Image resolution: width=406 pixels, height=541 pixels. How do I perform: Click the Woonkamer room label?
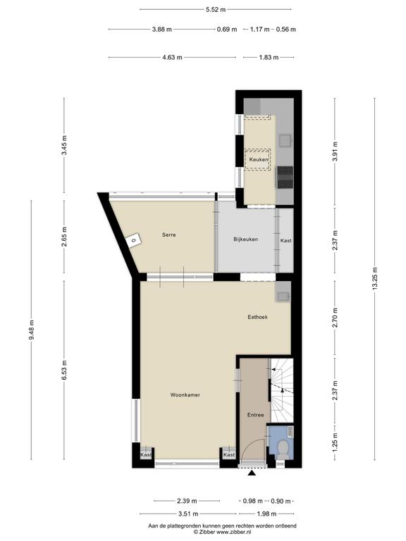[x=185, y=395]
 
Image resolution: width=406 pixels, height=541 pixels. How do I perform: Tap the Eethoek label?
[x=257, y=317]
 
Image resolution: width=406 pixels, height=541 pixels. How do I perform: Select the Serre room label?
[x=169, y=235]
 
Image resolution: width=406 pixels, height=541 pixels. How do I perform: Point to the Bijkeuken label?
[x=245, y=239]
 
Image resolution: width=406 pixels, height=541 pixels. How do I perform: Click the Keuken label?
[x=259, y=160]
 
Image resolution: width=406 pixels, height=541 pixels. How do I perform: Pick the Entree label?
[x=255, y=415]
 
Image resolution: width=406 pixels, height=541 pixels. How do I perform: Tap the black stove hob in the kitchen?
[x=285, y=177]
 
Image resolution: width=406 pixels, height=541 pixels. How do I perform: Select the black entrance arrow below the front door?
[x=252, y=473]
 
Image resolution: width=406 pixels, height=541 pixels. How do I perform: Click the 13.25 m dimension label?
[x=375, y=279]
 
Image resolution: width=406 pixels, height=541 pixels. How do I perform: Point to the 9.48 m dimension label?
[x=32, y=330]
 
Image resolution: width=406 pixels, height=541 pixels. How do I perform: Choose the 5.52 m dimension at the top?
[x=216, y=10]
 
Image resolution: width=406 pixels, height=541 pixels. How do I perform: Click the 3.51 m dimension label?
[x=188, y=514]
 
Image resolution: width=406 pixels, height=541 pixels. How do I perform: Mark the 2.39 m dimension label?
[x=187, y=501]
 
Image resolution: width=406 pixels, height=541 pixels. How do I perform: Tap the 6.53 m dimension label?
[x=64, y=370]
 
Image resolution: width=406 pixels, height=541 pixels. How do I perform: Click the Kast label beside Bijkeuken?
[x=286, y=240]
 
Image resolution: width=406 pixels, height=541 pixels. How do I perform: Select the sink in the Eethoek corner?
[x=283, y=296]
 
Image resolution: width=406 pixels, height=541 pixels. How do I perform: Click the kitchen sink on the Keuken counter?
[x=285, y=140]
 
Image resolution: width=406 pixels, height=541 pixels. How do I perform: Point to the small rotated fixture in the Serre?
[x=133, y=240]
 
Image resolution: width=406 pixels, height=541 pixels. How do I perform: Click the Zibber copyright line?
[x=222, y=532]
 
